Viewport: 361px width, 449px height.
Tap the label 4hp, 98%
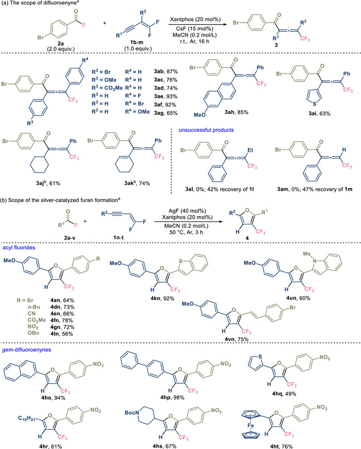[193, 395]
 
